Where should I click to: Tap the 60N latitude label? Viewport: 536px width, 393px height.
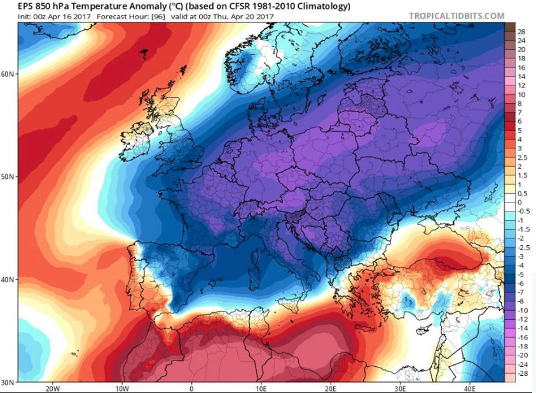(x=8, y=73)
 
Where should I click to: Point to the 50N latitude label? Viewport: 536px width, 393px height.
(x=8, y=176)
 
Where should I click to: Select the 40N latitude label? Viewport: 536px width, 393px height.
(x=8, y=280)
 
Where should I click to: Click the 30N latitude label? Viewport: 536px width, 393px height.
(x=8, y=382)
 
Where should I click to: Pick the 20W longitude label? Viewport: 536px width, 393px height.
(x=53, y=388)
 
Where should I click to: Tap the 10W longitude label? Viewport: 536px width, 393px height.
(x=122, y=388)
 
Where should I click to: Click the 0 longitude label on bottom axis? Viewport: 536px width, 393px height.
(x=191, y=388)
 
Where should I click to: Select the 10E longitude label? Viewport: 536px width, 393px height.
(x=261, y=388)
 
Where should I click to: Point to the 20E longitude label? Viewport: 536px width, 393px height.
(x=330, y=388)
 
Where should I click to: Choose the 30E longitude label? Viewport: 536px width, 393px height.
(x=399, y=388)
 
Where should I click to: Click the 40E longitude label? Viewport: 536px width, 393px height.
(x=469, y=388)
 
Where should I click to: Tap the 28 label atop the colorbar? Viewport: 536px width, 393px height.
(x=521, y=31)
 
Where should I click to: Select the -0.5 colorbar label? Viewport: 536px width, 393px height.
(x=523, y=211)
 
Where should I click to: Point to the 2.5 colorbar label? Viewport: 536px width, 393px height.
(x=521, y=157)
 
